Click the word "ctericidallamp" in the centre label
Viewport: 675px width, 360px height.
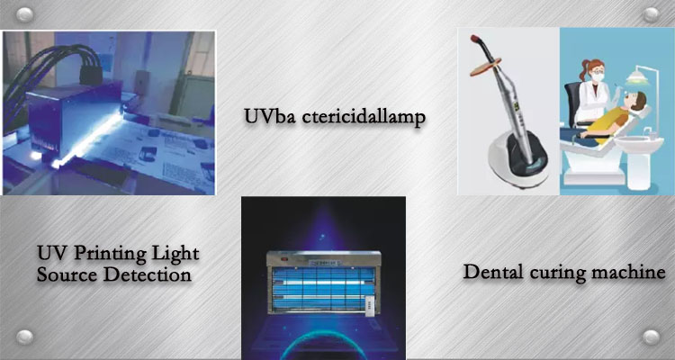point(363,117)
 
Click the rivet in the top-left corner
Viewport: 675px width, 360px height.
point(24,15)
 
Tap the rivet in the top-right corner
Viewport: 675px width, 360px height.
point(651,15)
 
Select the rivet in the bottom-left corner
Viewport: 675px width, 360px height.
point(24,337)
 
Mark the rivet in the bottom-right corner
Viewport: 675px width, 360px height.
point(651,337)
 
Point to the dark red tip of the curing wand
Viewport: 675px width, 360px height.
point(476,40)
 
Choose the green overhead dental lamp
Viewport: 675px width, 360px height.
point(637,78)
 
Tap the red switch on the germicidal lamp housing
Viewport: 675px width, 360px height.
point(284,259)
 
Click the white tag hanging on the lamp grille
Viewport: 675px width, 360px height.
point(367,304)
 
